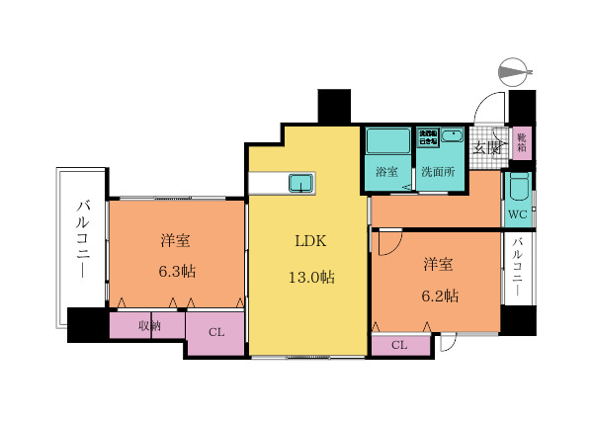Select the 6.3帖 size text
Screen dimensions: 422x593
tap(176, 270)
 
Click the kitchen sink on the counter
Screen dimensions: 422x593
tap(300, 183)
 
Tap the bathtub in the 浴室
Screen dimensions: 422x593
tap(386, 140)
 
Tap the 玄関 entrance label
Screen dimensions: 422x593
tap(485, 148)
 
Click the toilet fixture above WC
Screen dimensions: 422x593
tap(518, 187)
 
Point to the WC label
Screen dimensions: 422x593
tap(517, 214)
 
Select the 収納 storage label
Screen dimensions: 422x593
tap(147, 325)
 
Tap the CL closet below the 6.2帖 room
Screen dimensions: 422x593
tap(399, 345)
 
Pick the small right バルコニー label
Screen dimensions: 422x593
tap(517, 268)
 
